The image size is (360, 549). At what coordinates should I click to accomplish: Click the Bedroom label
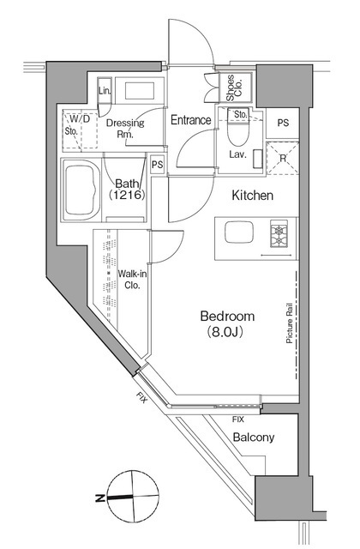tap(227, 317)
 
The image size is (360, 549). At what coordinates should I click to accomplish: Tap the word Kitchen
tap(253, 196)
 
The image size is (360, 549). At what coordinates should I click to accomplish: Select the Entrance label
tap(191, 120)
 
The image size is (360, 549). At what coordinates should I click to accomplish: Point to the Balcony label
tap(254, 437)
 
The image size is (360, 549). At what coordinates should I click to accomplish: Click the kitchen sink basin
tap(239, 232)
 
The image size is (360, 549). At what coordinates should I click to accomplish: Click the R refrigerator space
tap(283, 158)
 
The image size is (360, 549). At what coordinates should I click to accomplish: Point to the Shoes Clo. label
tap(234, 87)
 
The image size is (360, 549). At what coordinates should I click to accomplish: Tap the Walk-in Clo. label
tap(132, 279)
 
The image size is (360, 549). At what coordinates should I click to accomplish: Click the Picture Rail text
tap(290, 323)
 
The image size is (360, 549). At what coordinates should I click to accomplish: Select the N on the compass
tap(100, 498)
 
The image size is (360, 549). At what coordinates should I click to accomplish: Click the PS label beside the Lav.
tap(283, 123)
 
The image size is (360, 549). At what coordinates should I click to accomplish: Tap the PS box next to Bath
tap(158, 164)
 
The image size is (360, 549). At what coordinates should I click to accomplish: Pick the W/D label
tap(80, 119)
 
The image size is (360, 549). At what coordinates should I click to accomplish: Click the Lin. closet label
tap(105, 91)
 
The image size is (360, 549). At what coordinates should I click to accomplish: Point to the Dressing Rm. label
tap(125, 128)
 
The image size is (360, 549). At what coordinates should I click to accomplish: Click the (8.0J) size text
tap(225, 331)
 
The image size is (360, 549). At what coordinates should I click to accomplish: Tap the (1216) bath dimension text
tap(127, 195)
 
